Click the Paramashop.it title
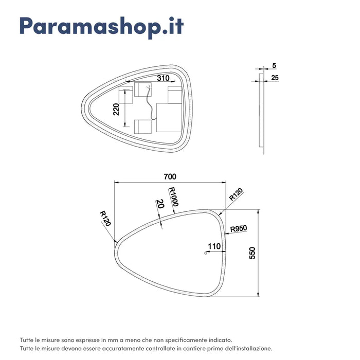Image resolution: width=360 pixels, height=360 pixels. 101,27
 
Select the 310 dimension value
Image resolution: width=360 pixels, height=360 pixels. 164,78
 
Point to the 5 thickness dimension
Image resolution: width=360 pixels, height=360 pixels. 274,65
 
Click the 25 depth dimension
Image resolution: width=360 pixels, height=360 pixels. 275,78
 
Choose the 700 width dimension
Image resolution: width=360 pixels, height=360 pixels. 170,176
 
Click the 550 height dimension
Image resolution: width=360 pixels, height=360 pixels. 252,254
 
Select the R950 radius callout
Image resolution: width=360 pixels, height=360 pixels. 239,228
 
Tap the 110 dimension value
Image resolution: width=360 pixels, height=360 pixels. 214,246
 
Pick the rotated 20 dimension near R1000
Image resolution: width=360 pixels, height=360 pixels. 160,204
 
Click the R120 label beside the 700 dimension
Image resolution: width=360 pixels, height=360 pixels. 236,195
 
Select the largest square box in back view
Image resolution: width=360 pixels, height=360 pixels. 167,118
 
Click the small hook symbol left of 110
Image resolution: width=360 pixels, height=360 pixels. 205,252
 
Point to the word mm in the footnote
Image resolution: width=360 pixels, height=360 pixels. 106,340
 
